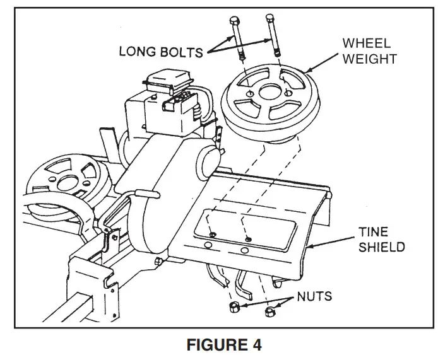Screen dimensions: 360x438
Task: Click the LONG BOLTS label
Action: tap(162, 50)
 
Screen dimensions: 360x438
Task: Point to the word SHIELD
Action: tap(381, 247)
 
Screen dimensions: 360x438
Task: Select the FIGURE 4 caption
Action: tap(218, 345)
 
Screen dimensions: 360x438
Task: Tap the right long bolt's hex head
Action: tap(271, 17)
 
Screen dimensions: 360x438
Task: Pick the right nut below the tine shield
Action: tap(269, 311)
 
